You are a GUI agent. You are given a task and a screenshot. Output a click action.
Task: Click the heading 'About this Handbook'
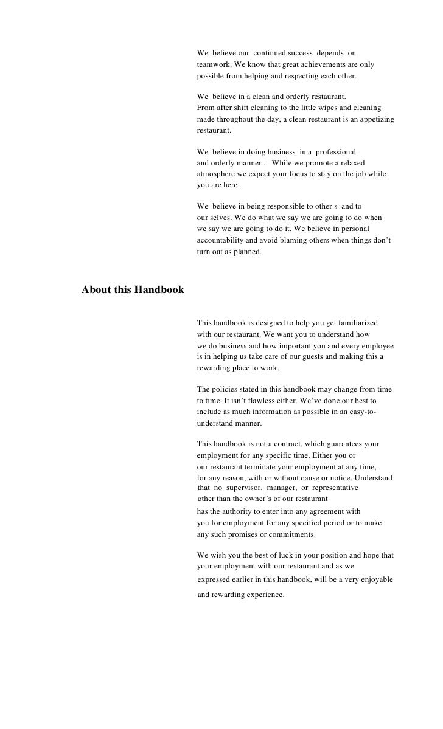pyautogui.click(x=133, y=290)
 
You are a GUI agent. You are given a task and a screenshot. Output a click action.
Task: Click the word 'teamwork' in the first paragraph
pyautogui.click(x=213, y=64)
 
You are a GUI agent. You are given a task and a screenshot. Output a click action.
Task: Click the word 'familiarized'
pyautogui.click(x=356, y=322)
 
